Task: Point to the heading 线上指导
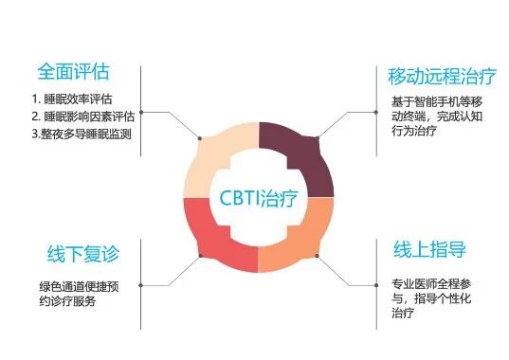(428, 251)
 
